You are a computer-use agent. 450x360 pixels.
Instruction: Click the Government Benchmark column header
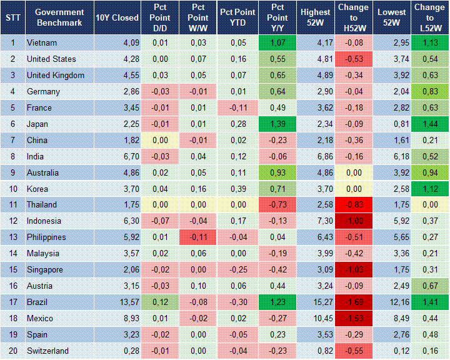click(x=59, y=17)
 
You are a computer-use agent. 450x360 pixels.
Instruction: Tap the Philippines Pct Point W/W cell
click(x=197, y=237)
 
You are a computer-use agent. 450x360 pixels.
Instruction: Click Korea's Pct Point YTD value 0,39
click(x=237, y=189)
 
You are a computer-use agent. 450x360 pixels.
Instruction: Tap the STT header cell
click(x=12, y=17)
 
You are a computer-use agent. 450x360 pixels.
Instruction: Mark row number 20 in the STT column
click(x=12, y=351)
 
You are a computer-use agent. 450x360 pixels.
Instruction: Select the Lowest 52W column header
click(x=392, y=17)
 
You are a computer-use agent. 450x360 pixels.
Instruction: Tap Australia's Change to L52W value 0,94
click(x=429, y=172)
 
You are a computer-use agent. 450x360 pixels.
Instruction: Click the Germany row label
click(x=43, y=92)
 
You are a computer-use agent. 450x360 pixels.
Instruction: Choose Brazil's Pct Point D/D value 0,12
click(x=159, y=302)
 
